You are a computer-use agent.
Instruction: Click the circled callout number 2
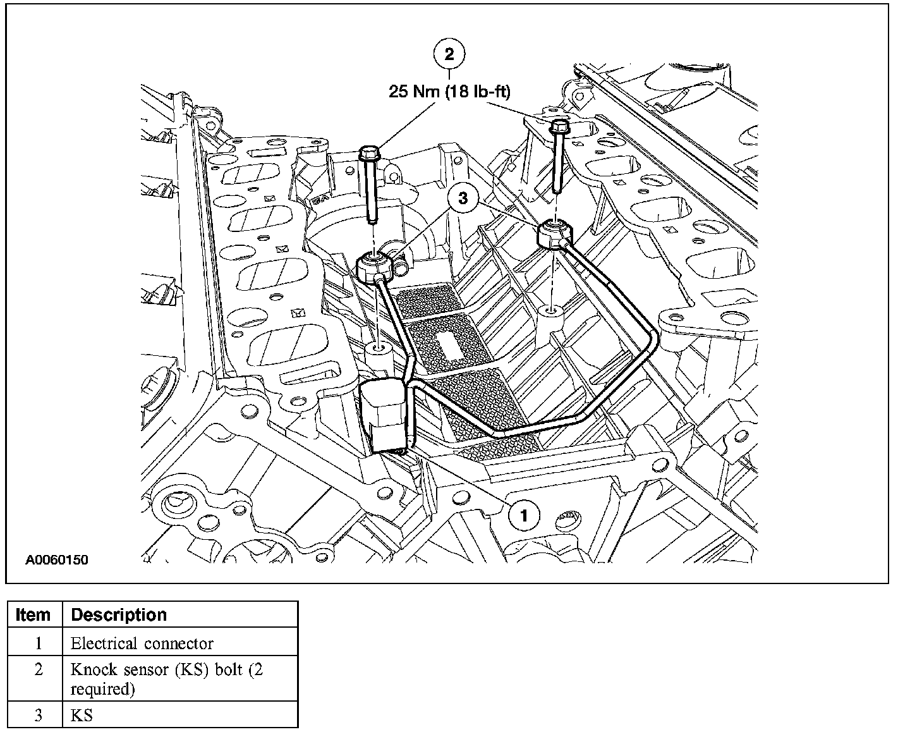coord(449,54)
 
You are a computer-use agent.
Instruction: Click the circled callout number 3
coord(463,198)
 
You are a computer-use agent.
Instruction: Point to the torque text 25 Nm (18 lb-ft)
coord(449,92)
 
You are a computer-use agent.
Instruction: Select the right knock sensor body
coord(555,235)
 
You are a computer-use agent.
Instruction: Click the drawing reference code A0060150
coord(57,560)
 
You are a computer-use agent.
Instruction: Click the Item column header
coord(33,615)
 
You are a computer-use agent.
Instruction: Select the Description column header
coord(119,615)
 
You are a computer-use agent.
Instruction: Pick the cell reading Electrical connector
coord(142,644)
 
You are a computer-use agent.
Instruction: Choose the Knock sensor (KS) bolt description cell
coord(167,678)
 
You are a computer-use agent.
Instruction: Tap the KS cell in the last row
coord(82,716)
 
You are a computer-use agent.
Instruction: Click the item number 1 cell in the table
coord(39,644)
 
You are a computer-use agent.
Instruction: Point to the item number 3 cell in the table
coord(39,716)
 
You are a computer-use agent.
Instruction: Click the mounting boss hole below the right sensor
coord(552,310)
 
